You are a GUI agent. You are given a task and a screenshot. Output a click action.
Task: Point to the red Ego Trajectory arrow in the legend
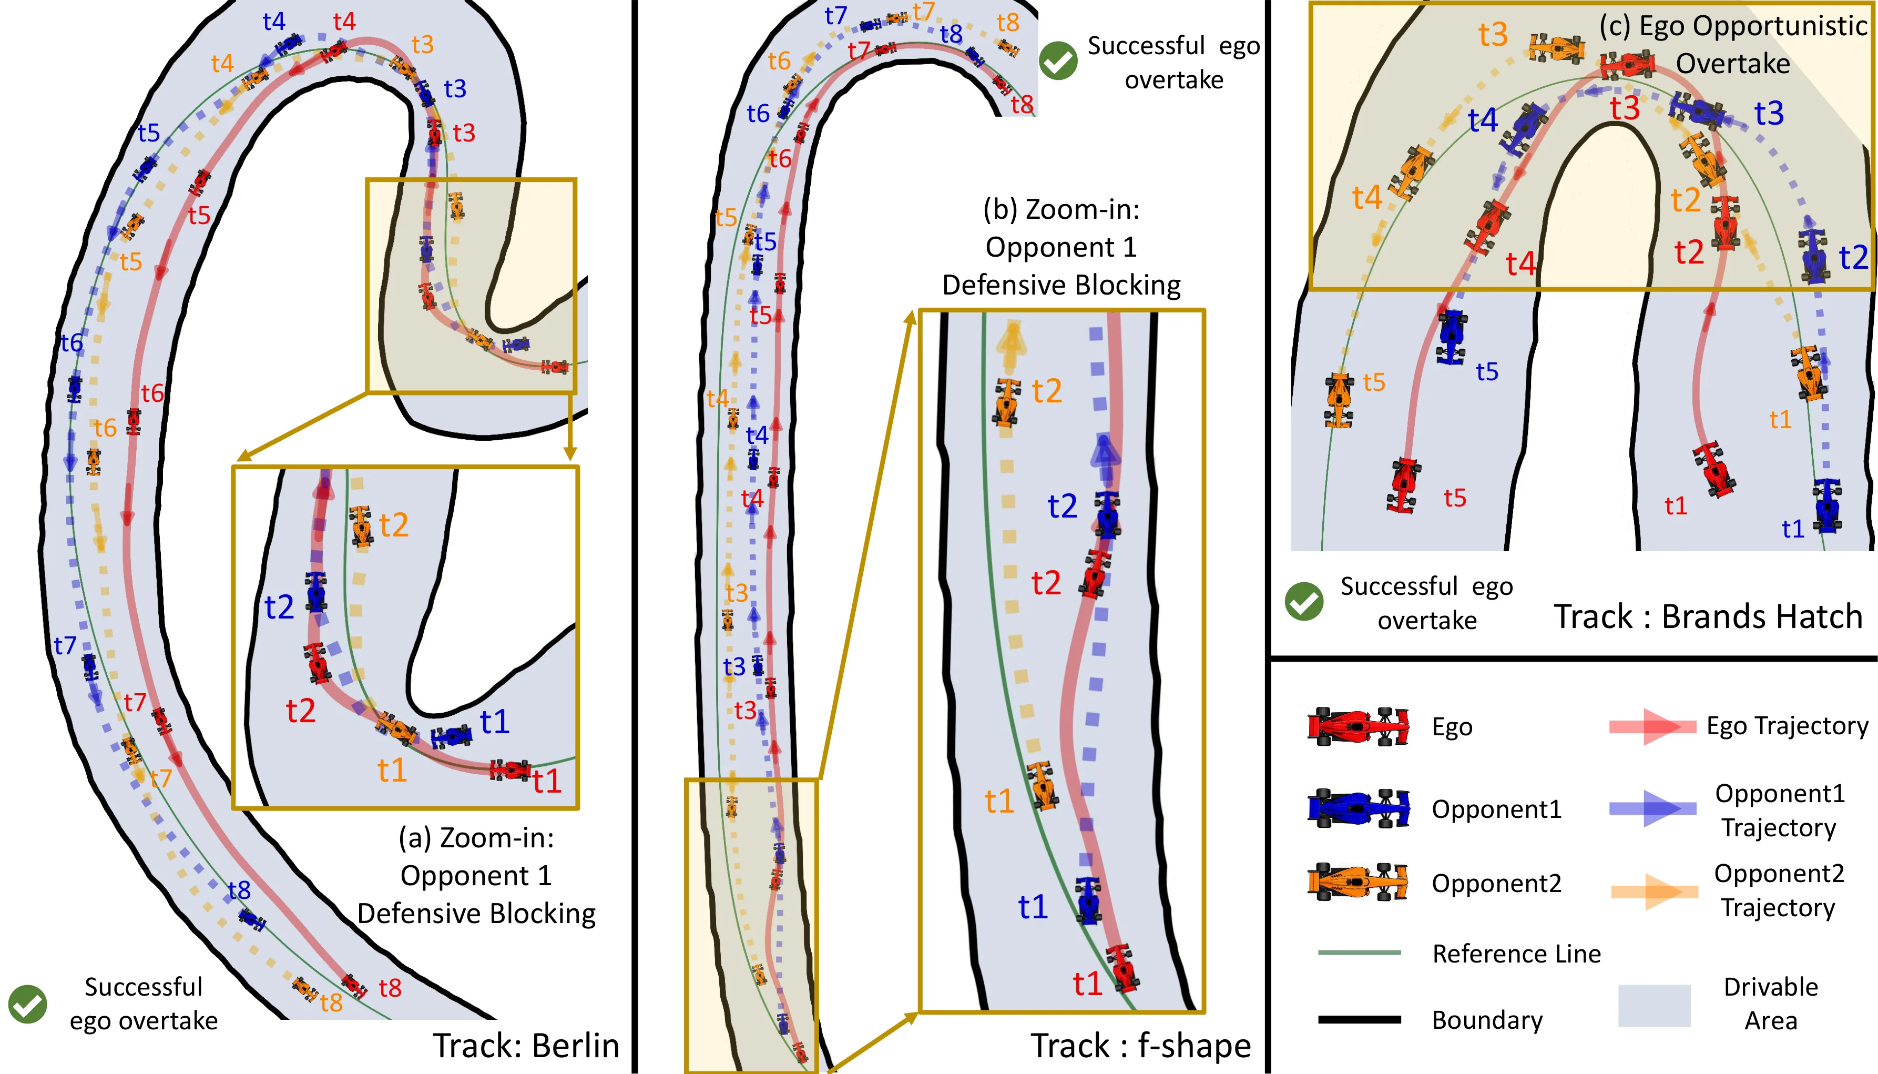(x=1652, y=726)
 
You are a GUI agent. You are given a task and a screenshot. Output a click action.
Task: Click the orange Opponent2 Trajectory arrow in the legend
(x=1654, y=891)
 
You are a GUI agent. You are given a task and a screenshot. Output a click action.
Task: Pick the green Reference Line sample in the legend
(x=1359, y=953)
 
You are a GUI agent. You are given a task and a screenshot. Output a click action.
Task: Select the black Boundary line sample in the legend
(x=1359, y=1019)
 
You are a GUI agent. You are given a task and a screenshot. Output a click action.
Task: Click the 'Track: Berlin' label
(x=526, y=1045)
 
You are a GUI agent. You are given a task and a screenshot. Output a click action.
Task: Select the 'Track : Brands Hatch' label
(x=1708, y=616)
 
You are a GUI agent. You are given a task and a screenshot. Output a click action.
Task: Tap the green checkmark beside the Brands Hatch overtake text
(x=1304, y=602)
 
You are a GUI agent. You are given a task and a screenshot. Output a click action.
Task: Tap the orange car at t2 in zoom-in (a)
(x=361, y=525)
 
